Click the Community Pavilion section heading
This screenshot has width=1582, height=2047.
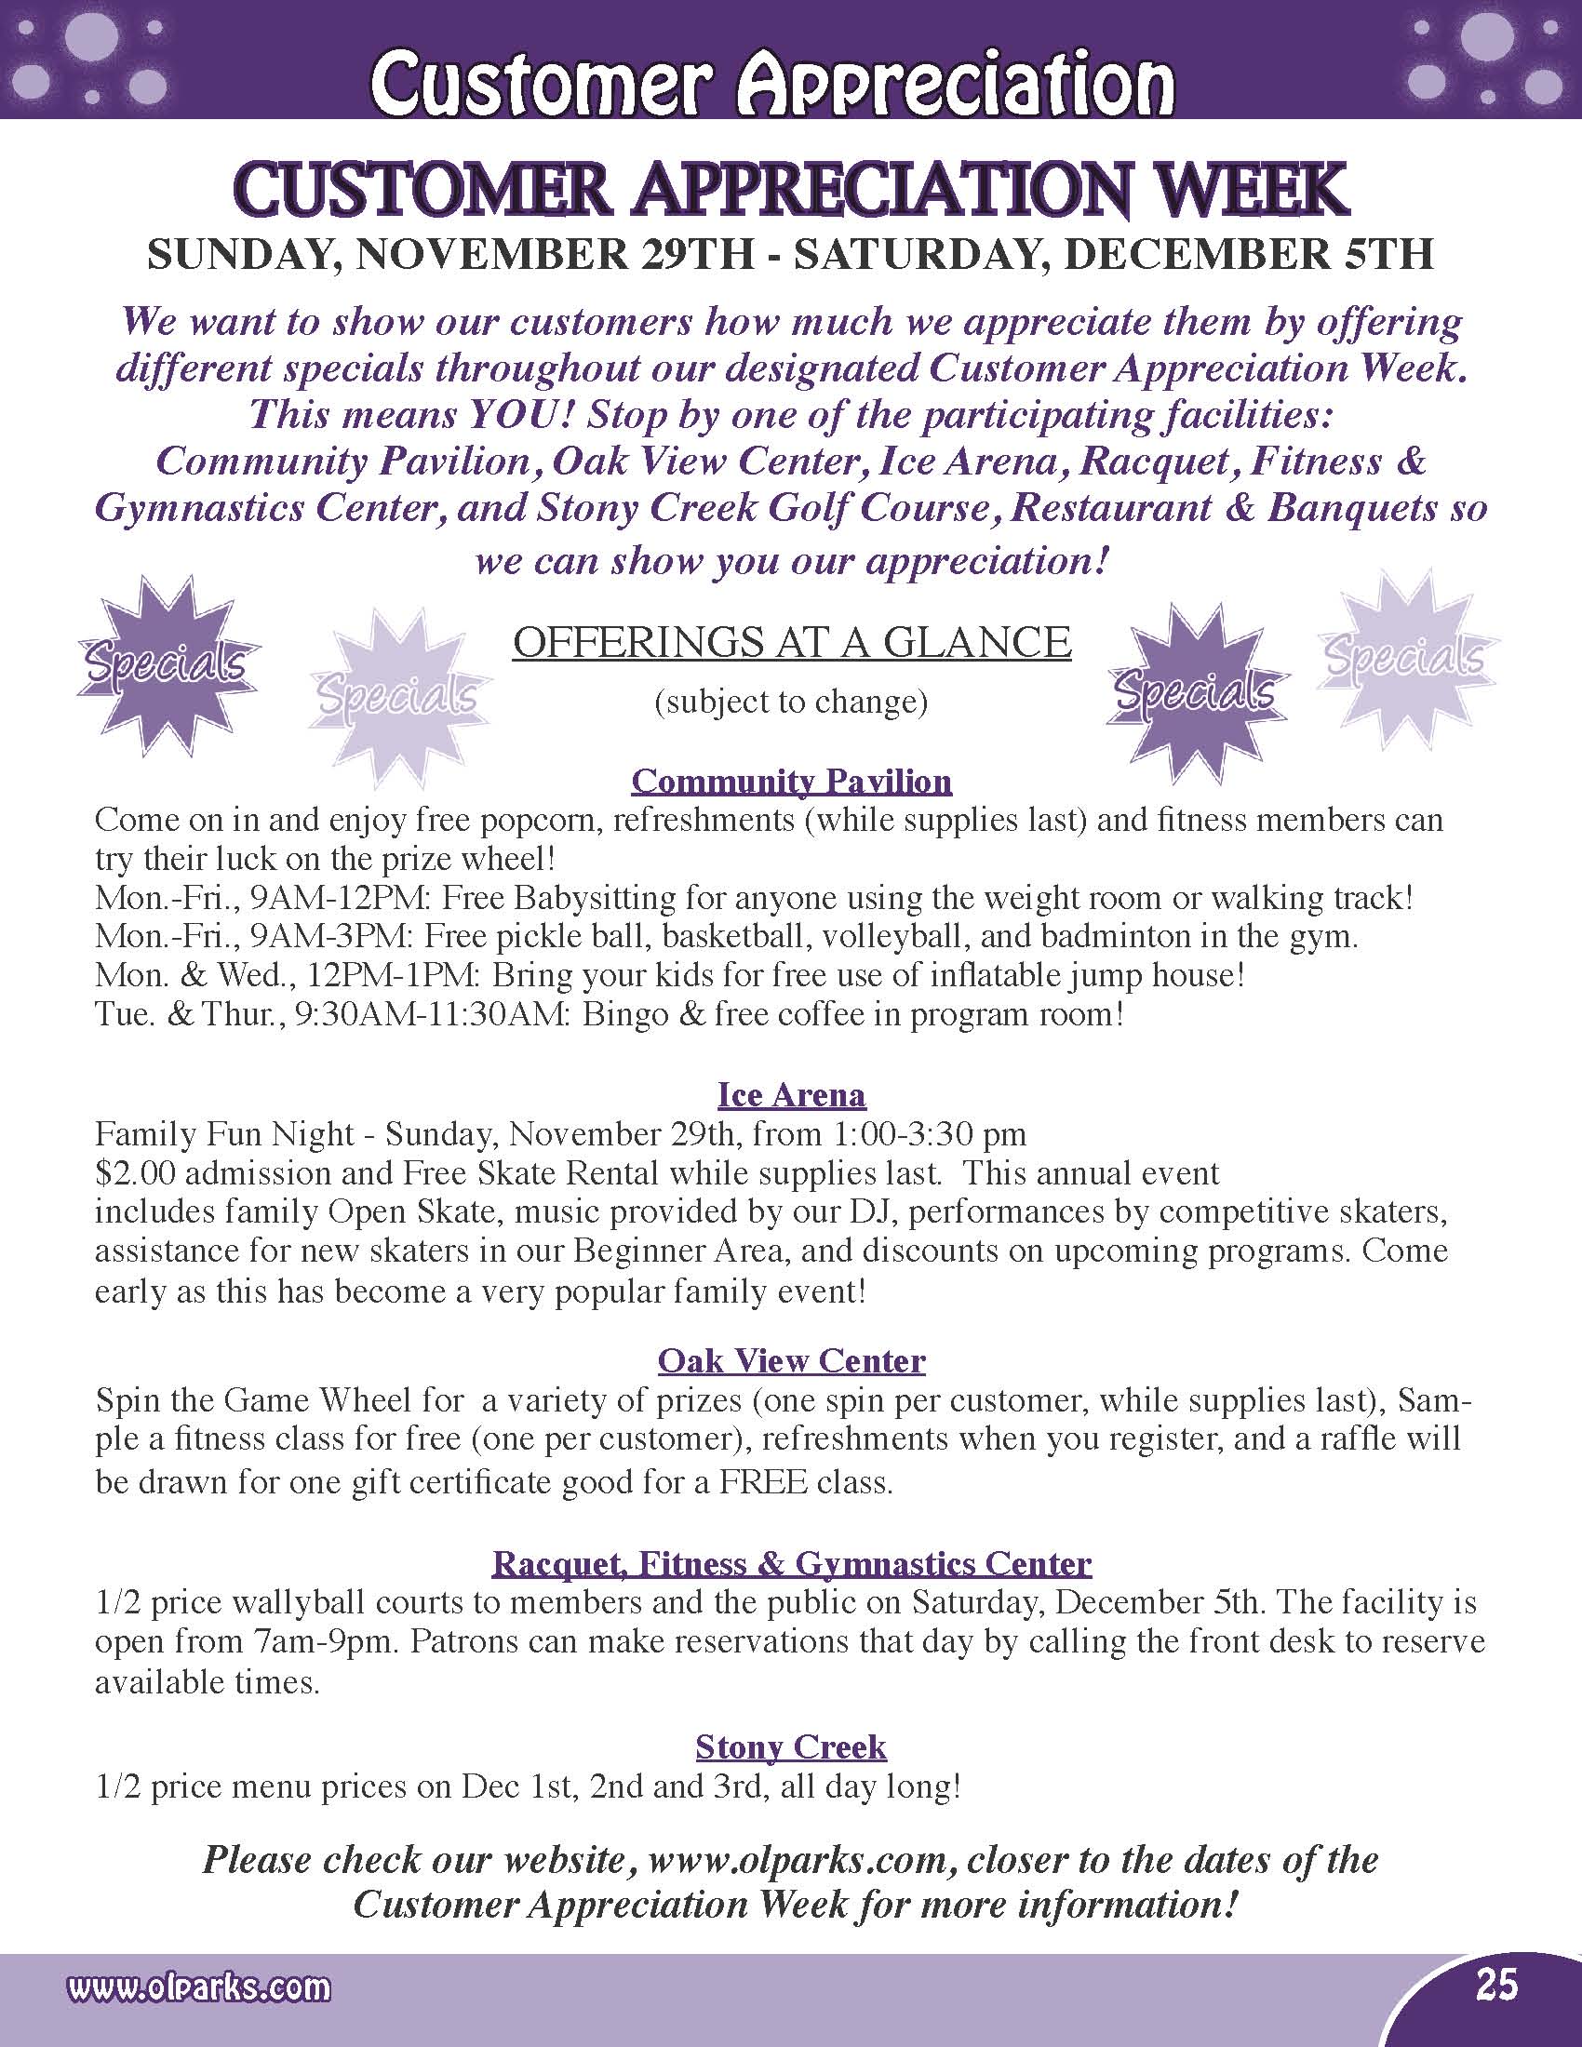(x=791, y=781)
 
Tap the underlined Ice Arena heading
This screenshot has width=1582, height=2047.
(x=791, y=1094)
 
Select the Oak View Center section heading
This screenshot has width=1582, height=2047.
(x=791, y=1360)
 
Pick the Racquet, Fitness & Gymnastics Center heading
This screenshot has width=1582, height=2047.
(x=791, y=1562)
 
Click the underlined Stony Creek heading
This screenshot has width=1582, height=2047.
(x=791, y=1747)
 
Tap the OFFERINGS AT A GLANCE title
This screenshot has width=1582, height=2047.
(x=791, y=643)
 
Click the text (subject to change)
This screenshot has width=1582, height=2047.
(x=791, y=702)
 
